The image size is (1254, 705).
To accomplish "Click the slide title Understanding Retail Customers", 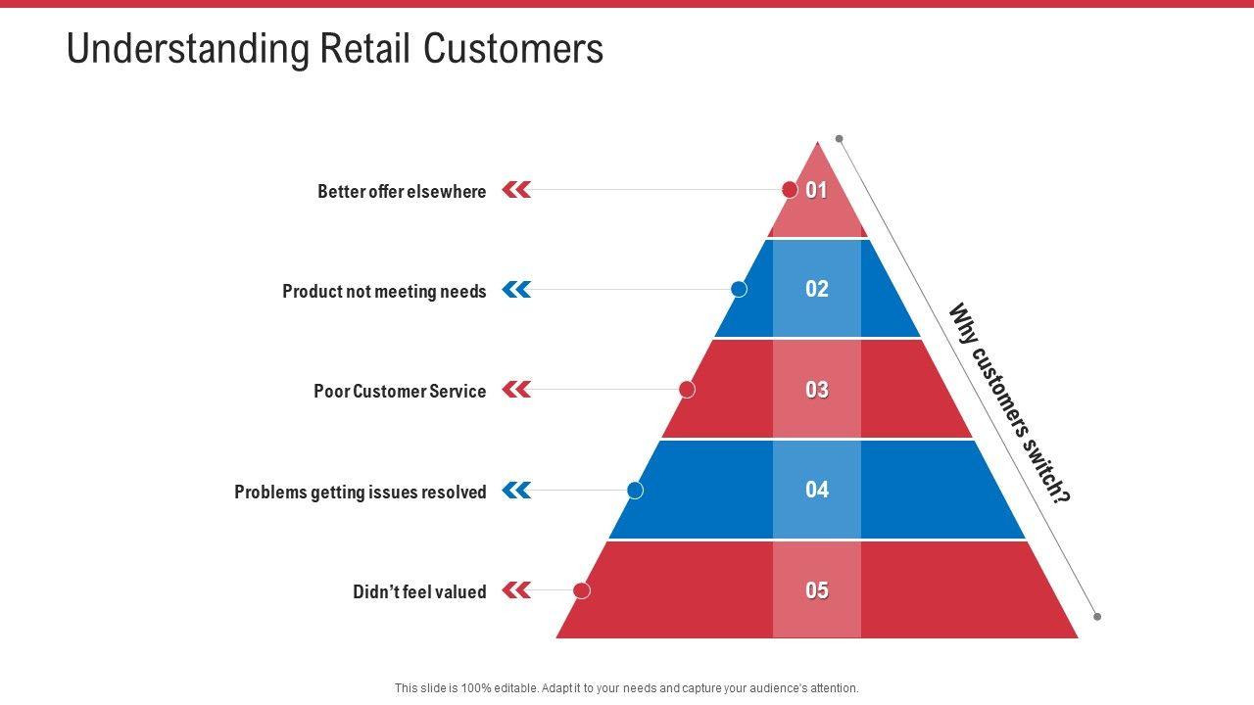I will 334,49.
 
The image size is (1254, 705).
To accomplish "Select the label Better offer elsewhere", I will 402,192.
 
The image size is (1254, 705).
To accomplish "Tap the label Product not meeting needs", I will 384,292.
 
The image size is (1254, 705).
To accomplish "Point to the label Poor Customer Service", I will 400,392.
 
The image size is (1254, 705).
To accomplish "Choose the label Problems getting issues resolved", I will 361,493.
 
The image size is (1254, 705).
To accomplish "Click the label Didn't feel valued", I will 419,592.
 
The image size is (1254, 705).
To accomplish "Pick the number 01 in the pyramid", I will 817,191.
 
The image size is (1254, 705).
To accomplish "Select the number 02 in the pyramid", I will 817,289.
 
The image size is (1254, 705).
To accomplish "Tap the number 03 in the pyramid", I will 817,390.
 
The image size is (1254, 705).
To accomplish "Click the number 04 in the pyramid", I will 817,490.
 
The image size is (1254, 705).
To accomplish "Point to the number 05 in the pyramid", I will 817,590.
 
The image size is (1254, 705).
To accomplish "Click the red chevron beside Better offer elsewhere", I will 516,190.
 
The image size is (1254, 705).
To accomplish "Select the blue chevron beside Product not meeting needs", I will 516,290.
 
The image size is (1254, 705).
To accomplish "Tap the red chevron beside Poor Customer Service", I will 516,390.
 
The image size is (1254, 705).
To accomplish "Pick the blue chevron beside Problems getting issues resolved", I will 516,490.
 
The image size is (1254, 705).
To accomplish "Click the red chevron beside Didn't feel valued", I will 516,590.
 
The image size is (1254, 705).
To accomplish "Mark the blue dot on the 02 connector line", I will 740,289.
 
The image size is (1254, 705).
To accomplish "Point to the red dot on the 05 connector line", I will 582,590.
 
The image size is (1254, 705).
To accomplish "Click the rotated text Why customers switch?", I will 1010,403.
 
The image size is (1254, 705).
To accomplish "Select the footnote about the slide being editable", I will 627,688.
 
